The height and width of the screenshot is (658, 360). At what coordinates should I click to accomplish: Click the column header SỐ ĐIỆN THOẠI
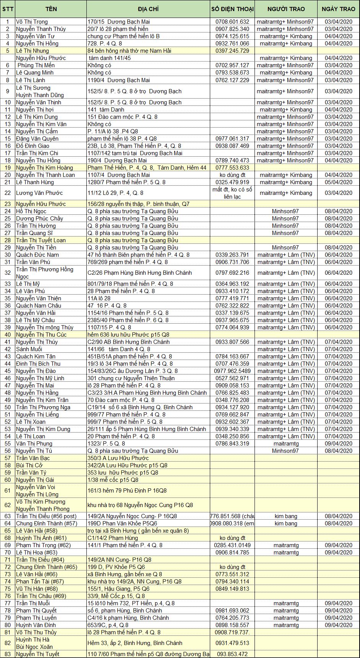[x=232, y=9]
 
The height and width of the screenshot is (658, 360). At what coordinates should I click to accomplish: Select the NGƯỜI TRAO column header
[x=286, y=9]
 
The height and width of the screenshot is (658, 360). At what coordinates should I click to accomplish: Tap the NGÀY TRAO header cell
[x=338, y=9]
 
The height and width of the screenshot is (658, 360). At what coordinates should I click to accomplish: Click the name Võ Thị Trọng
[x=32, y=22]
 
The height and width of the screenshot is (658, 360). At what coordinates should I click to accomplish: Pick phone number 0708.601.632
[x=232, y=22]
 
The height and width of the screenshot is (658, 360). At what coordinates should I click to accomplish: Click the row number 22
[x=8, y=193]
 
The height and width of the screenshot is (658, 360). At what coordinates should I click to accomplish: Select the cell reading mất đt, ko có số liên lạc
[x=232, y=193]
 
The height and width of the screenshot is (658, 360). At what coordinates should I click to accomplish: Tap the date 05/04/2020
[x=338, y=182]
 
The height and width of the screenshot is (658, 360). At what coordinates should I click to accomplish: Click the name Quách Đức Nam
[x=37, y=255]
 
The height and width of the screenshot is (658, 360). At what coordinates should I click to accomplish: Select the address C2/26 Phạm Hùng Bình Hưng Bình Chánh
[x=139, y=273]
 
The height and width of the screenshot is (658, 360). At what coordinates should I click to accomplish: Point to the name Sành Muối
[x=29, y=349]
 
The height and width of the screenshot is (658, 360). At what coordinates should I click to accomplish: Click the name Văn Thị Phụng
[x=34, y=444]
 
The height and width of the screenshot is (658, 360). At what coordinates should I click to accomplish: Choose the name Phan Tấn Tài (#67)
[x=40, y=582]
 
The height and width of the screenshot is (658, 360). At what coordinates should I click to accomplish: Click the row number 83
[x=8, y=654]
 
